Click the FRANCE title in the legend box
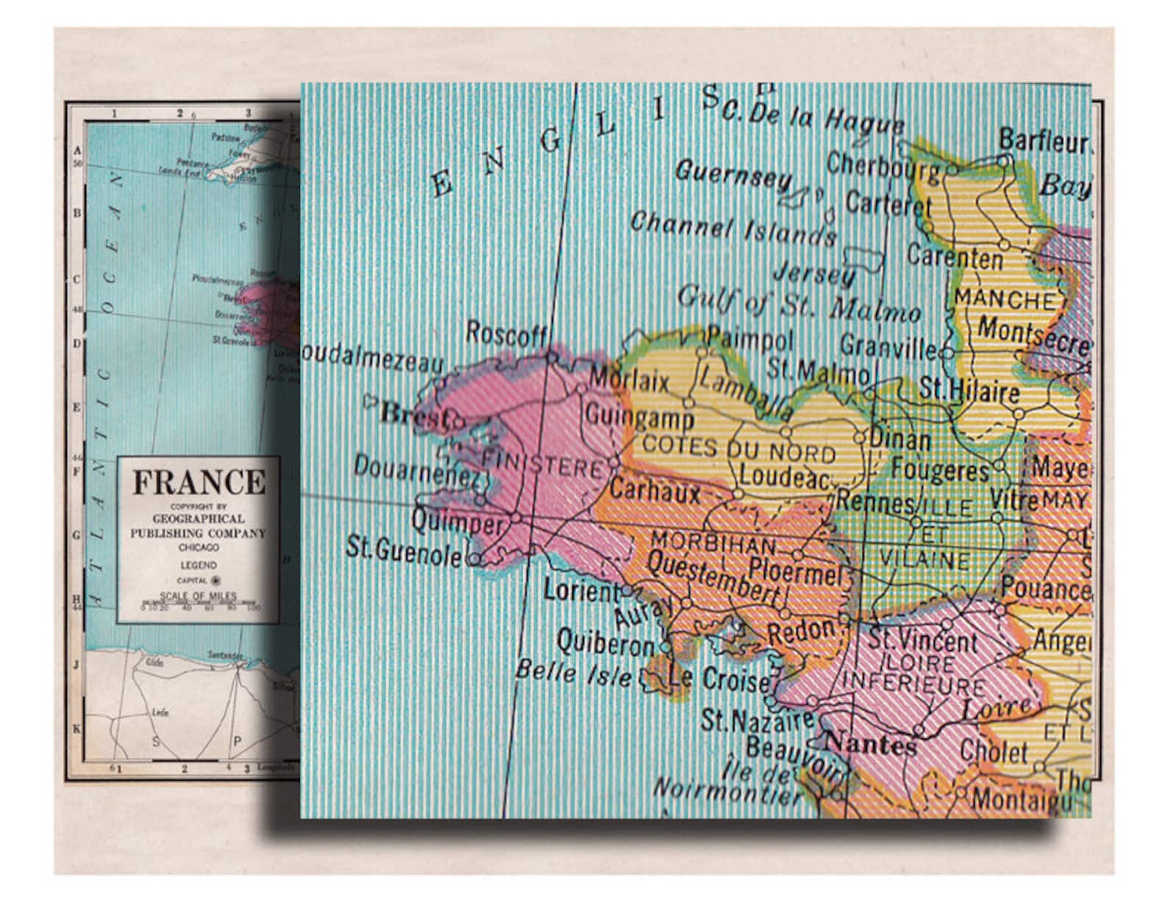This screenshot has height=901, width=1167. click(198, 482)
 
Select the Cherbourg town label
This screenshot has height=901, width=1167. click(883, 165)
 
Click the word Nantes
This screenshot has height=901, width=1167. click(870, 745)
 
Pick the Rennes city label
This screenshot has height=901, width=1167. click(875, 502)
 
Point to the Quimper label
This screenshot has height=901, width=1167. click(457, 522)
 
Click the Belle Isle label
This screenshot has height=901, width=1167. click(572, 672)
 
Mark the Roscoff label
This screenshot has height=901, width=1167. click(506, 334)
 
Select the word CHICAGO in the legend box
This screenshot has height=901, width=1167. click(198, 548)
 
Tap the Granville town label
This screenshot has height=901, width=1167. click(888, 345)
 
